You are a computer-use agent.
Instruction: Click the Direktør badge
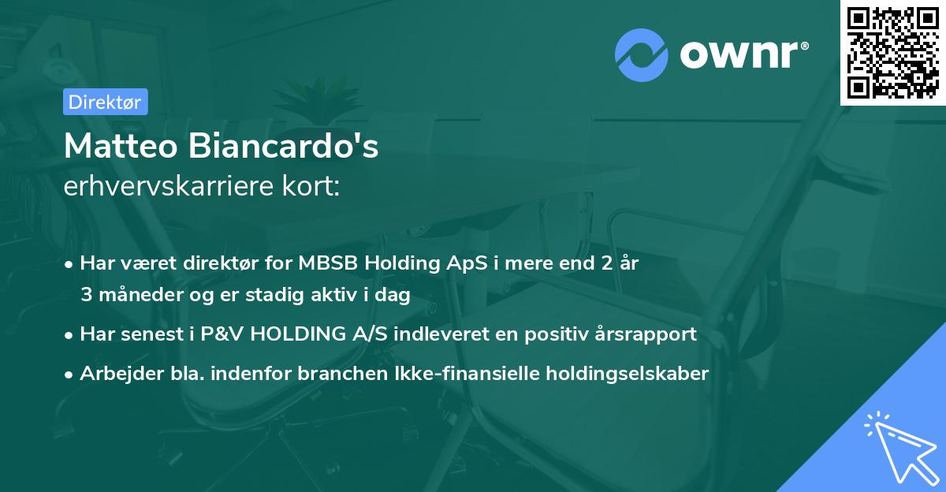[x=105, y=102]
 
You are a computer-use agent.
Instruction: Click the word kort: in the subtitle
[x=313, y=187]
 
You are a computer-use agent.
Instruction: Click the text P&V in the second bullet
[x=217, y=334]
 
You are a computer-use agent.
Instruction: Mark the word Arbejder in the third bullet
[x=115, y=373]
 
